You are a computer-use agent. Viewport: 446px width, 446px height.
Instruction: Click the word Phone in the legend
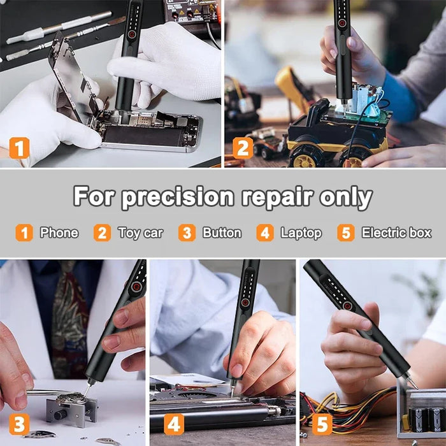point(59,233)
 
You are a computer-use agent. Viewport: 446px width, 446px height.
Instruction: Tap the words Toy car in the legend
point(140,233)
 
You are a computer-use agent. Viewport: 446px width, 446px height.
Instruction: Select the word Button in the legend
point(222,233)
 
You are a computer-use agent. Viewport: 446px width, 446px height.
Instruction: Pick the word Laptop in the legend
point(301,233)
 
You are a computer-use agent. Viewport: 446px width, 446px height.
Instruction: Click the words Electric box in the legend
point(396,233)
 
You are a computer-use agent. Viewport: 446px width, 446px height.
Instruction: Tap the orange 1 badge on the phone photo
point(19,148)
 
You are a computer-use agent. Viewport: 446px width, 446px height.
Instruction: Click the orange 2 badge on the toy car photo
point(243,148)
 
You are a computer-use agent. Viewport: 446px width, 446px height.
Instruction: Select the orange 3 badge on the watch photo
point(19,424)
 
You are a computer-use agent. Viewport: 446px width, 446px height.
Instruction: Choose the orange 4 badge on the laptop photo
point(174,424)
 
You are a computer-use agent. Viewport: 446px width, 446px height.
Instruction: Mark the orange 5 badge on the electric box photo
point(322,424)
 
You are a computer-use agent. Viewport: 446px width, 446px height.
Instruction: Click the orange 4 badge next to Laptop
point(265,233)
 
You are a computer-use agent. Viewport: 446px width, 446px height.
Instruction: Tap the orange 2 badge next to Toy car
point(102,233)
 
